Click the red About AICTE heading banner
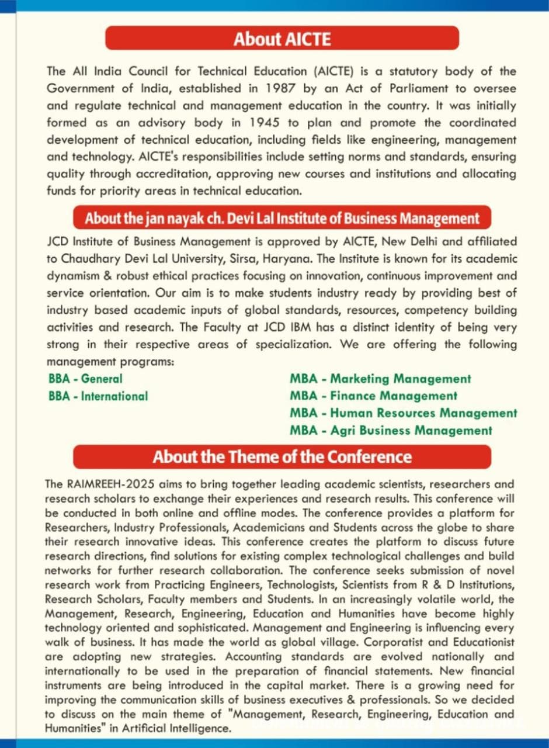pyautogui.click(x=282, y=39)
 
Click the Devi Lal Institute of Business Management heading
pyautogui.click(x=282, y=219)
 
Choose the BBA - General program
pyautogui.click(x=85, y=379)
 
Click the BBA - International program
pyautogui.click(x=98, y=396)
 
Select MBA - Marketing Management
pyautogui.click(x=380, y=379)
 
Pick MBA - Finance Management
pyautogui.click(x=373, y=396)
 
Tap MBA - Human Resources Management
pyautogui.click(x=403, y=413)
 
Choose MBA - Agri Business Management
pyautogui.click(x=391, y=431)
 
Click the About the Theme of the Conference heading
pyautogui.click(x=282, y=456)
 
